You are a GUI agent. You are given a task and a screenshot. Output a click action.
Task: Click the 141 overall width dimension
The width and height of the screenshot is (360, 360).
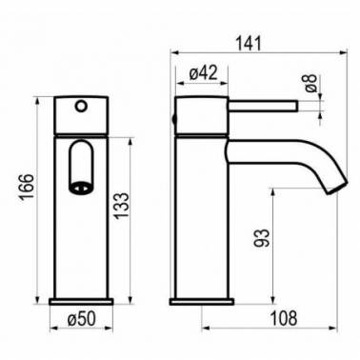point(250,44)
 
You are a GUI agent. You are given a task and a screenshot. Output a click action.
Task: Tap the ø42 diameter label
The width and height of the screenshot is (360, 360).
point(203,73)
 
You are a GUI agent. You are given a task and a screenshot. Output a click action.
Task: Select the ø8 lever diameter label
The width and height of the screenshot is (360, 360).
point(311,83)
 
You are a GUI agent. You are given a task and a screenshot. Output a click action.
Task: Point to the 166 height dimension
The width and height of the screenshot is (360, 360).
point(26,187)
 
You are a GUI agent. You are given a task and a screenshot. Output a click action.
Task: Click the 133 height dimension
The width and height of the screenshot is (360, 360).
point(122,206)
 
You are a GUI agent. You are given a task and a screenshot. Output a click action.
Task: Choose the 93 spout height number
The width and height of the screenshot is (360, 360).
point(262,238)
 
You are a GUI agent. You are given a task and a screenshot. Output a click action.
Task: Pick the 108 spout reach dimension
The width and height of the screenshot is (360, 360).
point(284,318)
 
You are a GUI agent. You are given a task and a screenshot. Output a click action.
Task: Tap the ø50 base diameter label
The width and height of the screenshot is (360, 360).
point(81,318)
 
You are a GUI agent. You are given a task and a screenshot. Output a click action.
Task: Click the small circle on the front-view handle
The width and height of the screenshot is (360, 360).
point(81,107)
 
